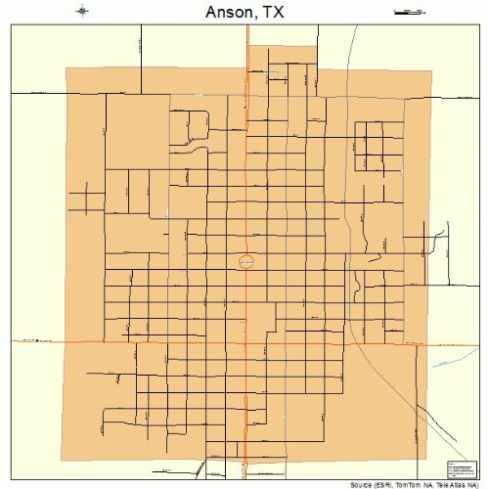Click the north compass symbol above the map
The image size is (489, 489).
coord(83,12)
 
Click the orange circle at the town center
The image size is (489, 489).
coord(246,261)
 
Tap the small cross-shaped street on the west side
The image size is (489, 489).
coord(91,198)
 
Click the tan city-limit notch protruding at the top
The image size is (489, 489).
coord(283,56)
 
